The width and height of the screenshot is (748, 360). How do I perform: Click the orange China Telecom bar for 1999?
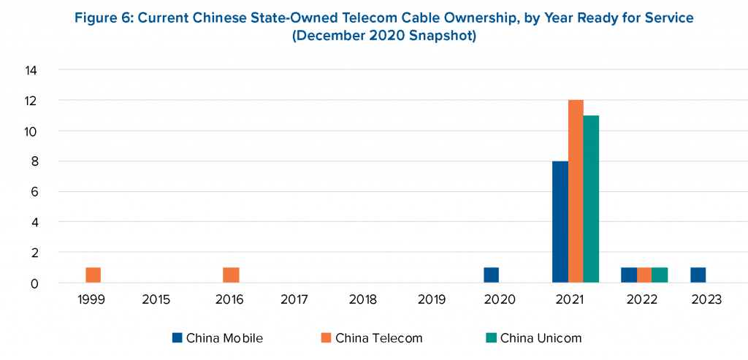(x=93, y=275)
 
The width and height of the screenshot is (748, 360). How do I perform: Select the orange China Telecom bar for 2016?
(x=231, y=275)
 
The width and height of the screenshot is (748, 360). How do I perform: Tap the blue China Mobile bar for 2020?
(x=491, y=275)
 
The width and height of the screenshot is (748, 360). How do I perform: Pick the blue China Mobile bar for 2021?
(x=560, y=222)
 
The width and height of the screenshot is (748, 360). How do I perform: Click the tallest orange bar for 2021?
(x=576, y=191)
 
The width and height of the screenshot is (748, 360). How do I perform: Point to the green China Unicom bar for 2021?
(x=591, y=199)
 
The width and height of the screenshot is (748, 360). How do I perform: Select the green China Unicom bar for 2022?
(x=660, y=275)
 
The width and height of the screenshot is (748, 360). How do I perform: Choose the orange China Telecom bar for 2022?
(x=644, y=275)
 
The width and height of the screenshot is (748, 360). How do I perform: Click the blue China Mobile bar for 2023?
(x=698, y=275)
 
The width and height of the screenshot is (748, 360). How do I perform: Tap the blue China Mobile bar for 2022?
(x=629, y=275)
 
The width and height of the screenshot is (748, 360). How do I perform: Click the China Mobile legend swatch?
(x=177, y=337)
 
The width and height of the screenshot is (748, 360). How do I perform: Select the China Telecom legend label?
(x=378, y=338)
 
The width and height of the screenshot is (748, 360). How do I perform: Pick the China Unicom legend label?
(x=541, y=338)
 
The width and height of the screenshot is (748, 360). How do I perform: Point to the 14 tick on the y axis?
(x=32, y=71)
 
